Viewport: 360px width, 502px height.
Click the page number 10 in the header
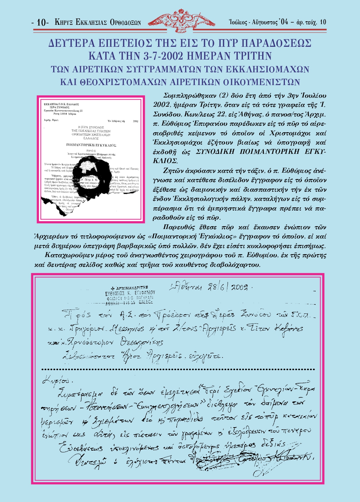[42, 23]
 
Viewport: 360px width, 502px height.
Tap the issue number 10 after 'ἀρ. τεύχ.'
[323, 22]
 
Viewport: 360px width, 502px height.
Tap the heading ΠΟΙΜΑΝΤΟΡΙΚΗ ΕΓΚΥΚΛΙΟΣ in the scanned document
[91, 145]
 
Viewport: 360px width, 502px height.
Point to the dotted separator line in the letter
[177, 370]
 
